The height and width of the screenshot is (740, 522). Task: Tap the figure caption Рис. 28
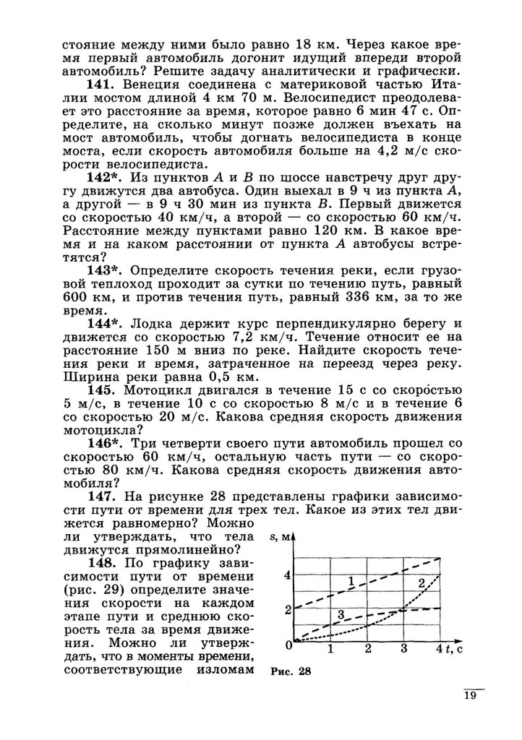tap(289, 671)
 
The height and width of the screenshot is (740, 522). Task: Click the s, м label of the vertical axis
tap(281, 536)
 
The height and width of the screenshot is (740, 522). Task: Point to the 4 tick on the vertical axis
tap(286, 575)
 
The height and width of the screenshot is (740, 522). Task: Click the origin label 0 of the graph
tap(288, 642)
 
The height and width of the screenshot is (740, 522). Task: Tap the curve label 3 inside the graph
tap(341, 614)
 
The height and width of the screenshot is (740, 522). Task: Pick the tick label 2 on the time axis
tap(367, 648)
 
